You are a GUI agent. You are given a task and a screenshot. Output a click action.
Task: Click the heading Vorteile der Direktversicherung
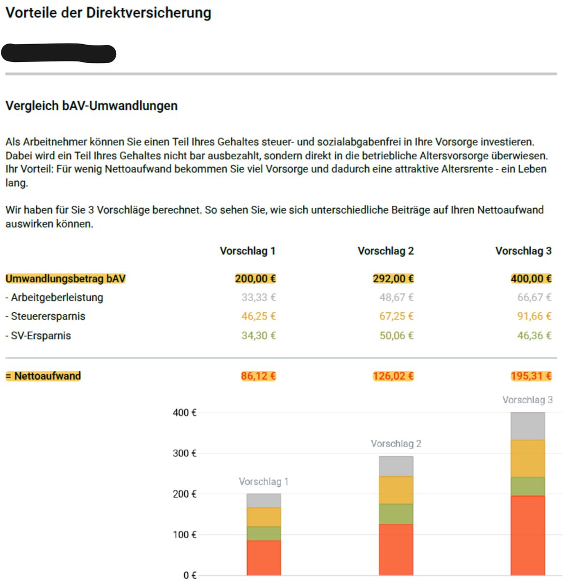click(108, 13)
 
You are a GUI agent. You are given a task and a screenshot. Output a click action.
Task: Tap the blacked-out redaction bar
click(59, 53)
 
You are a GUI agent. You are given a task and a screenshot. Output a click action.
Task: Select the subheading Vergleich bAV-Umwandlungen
click(91, 106)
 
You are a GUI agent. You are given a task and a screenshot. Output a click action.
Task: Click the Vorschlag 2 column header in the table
click(386, 251)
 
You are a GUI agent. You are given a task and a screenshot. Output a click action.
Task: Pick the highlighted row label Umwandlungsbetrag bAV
click(65, 279)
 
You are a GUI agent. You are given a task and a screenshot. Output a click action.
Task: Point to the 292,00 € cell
click(393, 279)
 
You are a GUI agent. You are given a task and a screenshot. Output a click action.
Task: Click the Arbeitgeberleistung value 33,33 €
click(258, 297)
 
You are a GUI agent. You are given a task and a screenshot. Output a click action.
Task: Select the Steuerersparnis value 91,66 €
click(534, 316)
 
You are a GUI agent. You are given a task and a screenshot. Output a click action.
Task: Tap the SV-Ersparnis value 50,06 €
click(396, 336)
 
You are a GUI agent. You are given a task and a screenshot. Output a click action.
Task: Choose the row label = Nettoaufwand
click(43, 376)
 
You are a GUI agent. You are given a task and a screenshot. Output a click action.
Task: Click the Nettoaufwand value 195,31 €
click(531, 376)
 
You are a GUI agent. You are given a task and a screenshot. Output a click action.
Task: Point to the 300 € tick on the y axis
click(185, 454)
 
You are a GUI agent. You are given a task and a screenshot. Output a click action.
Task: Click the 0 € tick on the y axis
click(190, 575)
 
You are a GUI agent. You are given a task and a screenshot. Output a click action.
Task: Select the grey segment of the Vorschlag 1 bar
click(264, 500)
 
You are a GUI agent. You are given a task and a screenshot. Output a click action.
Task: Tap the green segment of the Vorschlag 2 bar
click(396, 514)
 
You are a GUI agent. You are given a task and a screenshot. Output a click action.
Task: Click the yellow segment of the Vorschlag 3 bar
click(527, 458)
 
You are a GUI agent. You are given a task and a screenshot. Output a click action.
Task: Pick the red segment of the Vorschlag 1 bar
click(264, 557)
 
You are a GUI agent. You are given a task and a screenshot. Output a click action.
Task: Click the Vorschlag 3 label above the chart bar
click(527, 400)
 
